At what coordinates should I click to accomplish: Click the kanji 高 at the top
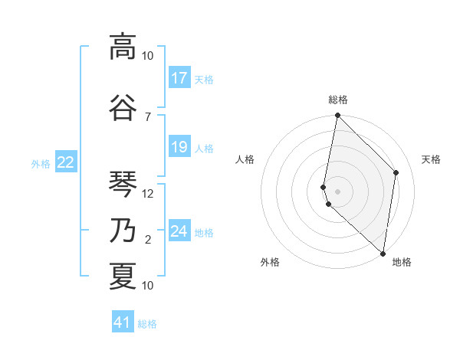pos(123,47)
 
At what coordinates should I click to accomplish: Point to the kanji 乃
pos(123,229)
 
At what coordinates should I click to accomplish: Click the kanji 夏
pos(123,276)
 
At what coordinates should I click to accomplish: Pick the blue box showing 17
pos(179,77)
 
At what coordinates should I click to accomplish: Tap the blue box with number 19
pos(179,147)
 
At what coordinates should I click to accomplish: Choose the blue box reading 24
pos(179,231)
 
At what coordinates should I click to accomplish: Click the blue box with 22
pos(66,162)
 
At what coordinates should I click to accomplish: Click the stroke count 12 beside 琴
pos(149,194)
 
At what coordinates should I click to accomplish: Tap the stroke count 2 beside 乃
pos(148,240)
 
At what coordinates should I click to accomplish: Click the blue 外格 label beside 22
pos(41,162)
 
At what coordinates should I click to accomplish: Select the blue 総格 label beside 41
pos(147,323)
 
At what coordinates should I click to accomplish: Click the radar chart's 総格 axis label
pos(338,100)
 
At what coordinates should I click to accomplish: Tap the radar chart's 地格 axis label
pos(402,263)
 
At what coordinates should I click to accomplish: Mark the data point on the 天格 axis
pos(396,172)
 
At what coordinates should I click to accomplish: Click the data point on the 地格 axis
pos(383,254)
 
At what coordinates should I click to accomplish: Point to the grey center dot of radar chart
pos(338,191)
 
